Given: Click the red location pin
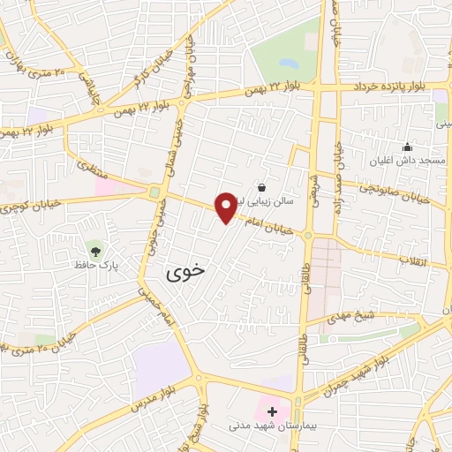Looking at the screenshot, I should pyautogui.click(x=226, y=207).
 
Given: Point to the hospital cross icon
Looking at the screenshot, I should pyautogui.click(x=273, y=411).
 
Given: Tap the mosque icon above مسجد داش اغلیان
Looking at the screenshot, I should pyautogui.click(x=407, y=147).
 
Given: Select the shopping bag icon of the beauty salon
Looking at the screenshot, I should pyautogui.click(x=262, y=187).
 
